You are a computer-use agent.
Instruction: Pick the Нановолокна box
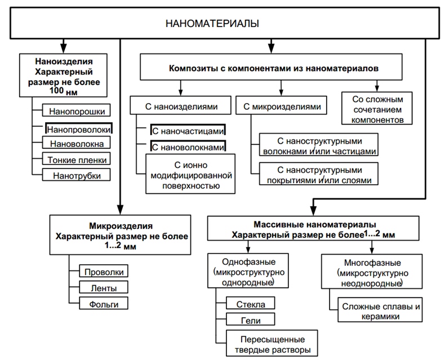pos(77,144)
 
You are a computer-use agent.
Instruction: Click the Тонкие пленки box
pos(77,159)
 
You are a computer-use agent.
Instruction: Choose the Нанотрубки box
pos(77,175)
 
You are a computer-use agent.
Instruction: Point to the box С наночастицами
pos(188,131)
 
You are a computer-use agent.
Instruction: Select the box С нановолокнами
pos(188,146)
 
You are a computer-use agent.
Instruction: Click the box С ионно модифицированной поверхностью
pos(189,174)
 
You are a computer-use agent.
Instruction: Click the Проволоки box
pos(104,272)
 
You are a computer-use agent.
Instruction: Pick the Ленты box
pos(104,288)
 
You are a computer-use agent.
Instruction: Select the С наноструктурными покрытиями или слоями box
pos(319,175)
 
